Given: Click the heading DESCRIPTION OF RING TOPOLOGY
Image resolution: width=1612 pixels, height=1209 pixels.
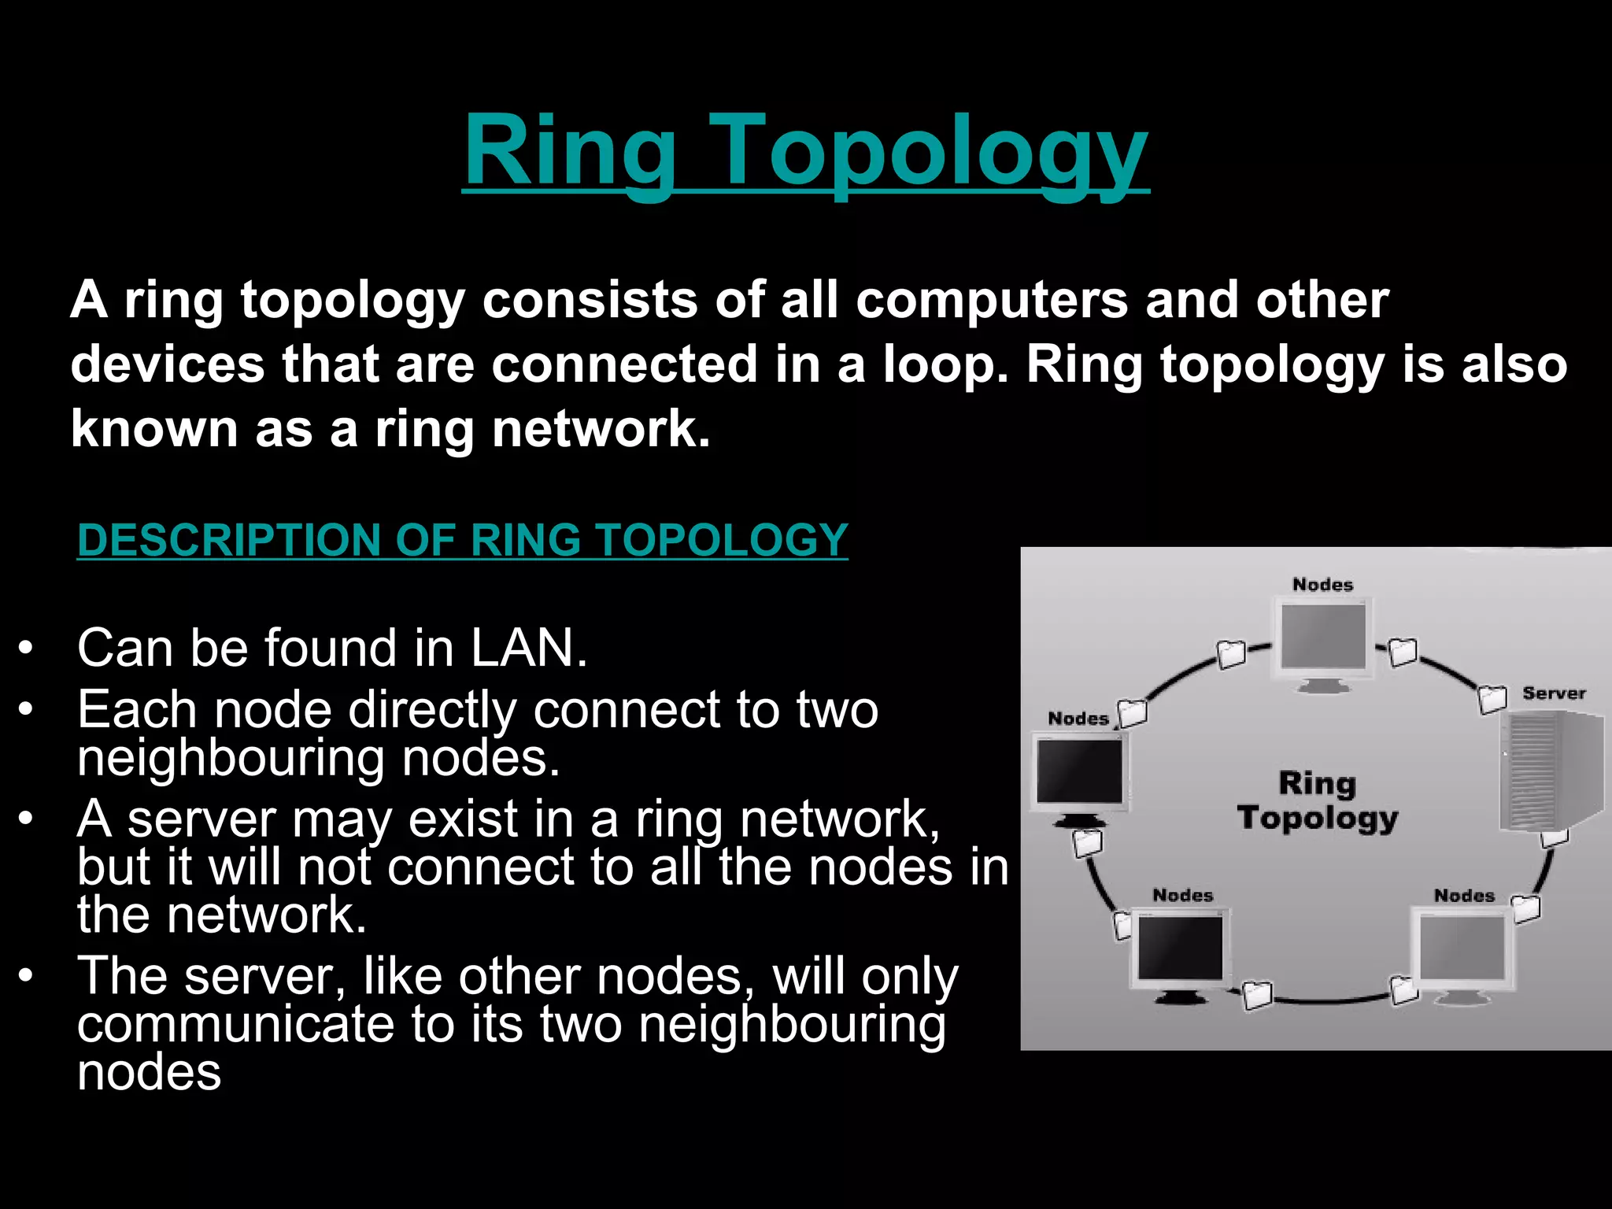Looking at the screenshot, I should coord(463,540).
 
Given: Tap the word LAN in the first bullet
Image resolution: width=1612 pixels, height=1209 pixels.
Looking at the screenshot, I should coord(528,649).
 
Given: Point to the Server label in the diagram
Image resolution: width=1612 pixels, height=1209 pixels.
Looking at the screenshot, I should coord(1553,693).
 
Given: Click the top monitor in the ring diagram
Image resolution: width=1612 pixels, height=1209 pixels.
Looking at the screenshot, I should coord(1323,641).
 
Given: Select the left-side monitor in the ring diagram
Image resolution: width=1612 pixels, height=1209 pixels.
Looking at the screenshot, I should coord(1079,775).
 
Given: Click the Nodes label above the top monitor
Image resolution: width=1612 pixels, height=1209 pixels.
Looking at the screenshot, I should coord(1322,585).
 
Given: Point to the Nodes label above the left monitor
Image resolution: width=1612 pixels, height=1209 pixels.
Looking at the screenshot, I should coord(1078,719).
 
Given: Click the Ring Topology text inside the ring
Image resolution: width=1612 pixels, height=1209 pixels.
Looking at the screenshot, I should coord(1317,800).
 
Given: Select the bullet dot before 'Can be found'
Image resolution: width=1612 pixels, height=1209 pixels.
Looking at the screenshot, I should coord(27,649).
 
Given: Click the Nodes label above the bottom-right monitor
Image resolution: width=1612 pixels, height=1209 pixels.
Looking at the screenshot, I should coord(1463,896).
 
